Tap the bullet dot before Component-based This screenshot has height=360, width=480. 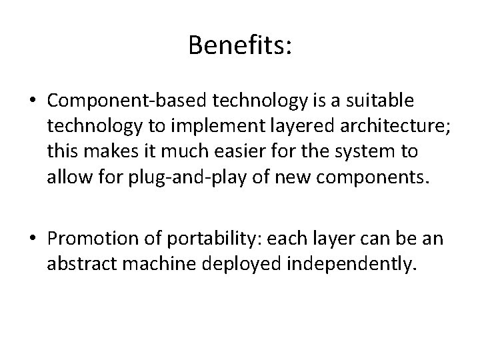33,102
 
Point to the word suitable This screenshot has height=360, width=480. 383,101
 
